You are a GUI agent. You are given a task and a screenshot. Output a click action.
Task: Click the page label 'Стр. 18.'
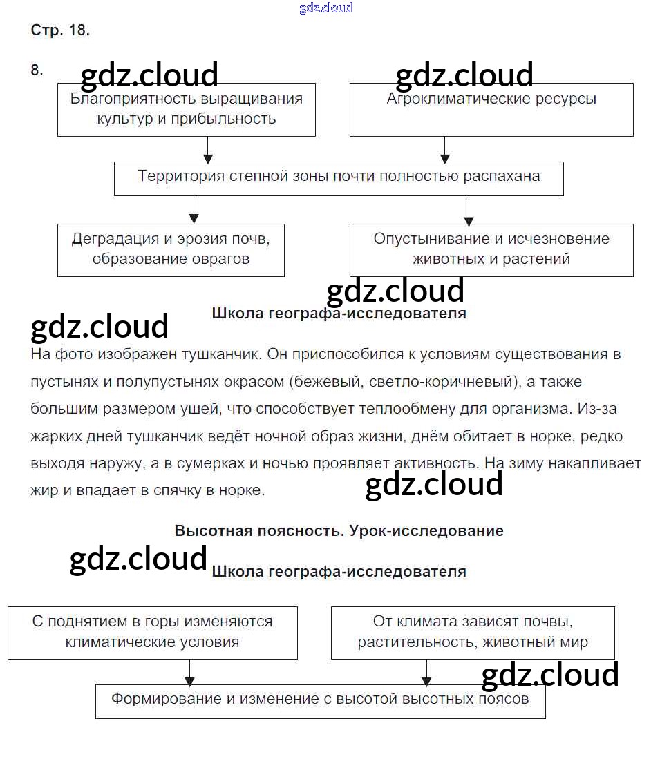pos(60,30)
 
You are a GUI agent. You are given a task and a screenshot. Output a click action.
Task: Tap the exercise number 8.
pos(37,70)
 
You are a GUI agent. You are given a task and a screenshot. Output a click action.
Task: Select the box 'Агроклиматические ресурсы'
pos(491,109)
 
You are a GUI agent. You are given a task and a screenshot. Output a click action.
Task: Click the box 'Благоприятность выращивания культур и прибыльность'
pos(186,109)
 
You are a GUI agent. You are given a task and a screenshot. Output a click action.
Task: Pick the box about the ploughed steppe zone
pos(339,177)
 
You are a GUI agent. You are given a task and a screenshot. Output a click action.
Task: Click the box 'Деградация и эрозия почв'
pos(170,249)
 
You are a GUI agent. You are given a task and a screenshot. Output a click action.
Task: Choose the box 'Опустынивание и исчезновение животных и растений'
pos(491,249)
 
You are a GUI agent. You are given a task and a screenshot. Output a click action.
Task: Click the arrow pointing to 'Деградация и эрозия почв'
pos(194,209)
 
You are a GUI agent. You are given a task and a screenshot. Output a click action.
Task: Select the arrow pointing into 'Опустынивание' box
pos(469,212)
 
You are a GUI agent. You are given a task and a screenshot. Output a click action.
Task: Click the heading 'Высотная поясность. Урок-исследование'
pos(339,531)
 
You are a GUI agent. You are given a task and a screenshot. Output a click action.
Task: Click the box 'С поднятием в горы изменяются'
pos(152,632)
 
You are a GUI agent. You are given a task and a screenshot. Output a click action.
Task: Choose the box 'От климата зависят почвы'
pos(473,632)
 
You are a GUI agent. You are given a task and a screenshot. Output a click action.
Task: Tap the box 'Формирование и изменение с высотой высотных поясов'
pos(320,700)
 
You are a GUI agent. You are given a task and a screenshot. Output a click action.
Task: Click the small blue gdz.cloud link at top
pos(325,8)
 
